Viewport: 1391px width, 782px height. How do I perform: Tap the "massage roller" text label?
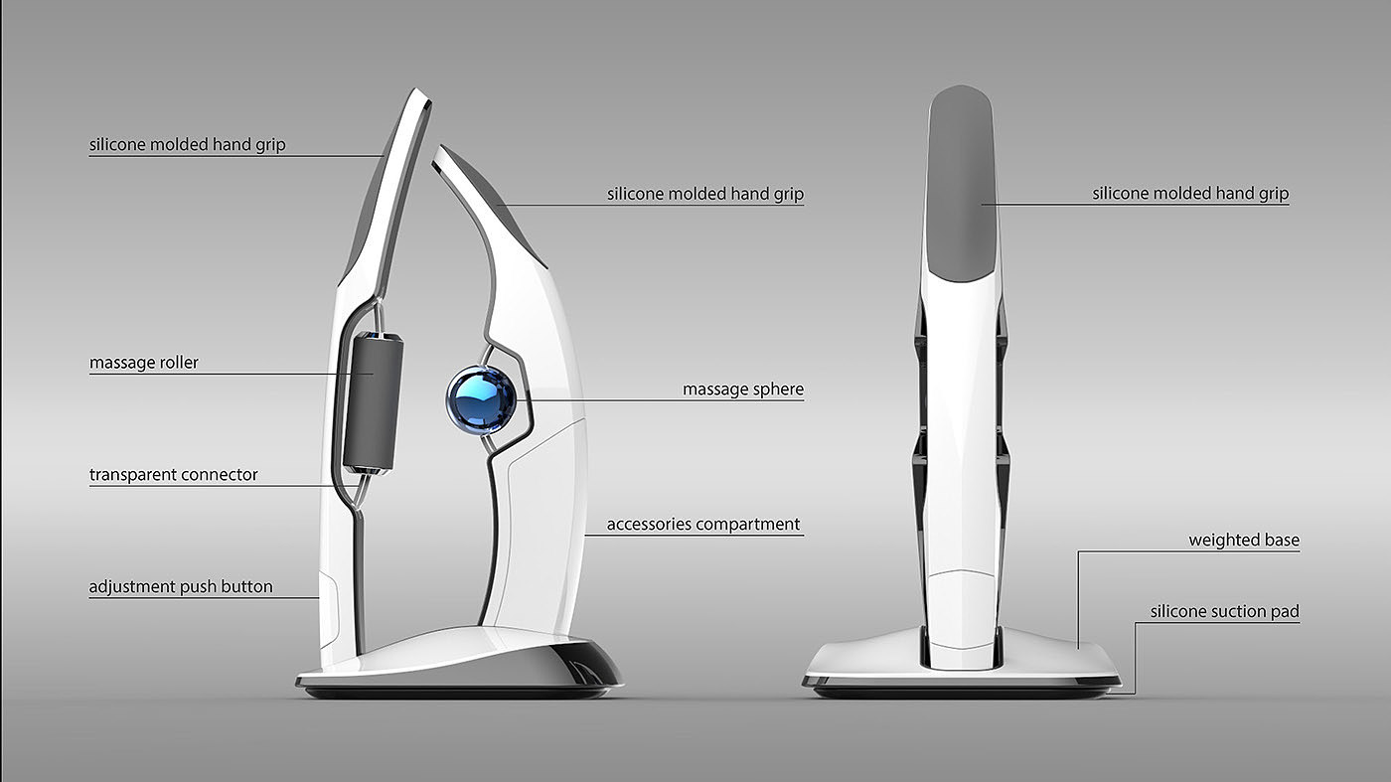pyautogui.click(x=144, y=363)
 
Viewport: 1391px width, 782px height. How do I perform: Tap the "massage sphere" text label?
pyautogui.click(x=742, y=390)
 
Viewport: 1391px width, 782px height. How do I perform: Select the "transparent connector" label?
pyautogui.click(x=174, y=475)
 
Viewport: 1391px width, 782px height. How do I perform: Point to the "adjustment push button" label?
pyautogui.click(x=181, y=587)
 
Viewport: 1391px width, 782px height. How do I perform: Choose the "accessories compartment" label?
pyautogui.click(x=703, y=524)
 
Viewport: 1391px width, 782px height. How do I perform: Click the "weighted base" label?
pyautogui.click(x=1244, y=541)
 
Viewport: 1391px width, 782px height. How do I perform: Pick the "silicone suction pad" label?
pyautogui.click(x=1224, y=612)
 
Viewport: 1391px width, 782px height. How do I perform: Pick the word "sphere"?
pyautogui.click(x=777, y=390)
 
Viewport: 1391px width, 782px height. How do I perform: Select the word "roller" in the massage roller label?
pyautogui.click(x=177, y=363)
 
